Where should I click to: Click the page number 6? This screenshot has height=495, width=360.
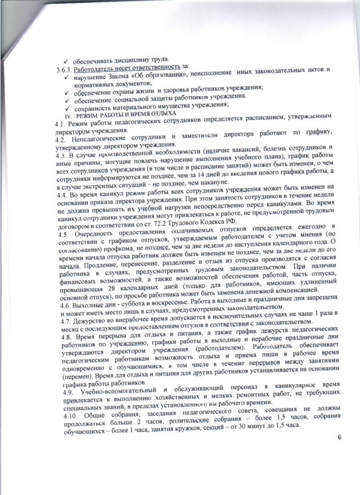tap(340, 437)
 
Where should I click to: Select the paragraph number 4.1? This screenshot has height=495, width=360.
tap(55, 123)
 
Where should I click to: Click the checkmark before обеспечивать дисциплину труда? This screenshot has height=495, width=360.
tap(66, 61)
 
